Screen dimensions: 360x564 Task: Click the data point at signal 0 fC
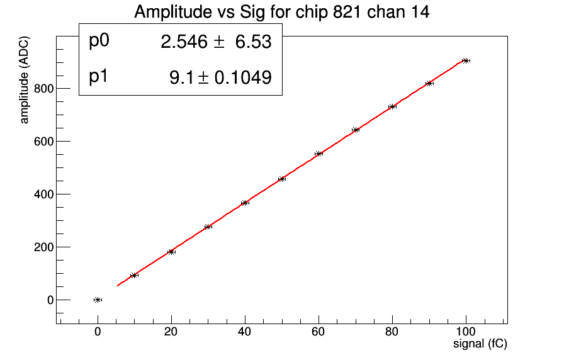click(x=98, y=300)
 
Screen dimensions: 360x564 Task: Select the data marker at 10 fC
click(x=134, y=275)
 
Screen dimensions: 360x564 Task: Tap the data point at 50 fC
click(x=282, y=179)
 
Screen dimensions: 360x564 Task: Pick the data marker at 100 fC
click(x=466, y=60)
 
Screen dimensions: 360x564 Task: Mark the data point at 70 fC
click(x=356, y=130)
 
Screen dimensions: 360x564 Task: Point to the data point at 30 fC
click(x=208, y=227)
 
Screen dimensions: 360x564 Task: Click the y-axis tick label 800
click(x=43, y=89)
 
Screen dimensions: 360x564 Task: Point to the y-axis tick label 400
click(x=43, y=194)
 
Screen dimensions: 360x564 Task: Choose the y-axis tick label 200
click(x=43, y=247)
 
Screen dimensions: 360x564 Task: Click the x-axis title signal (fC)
click(x=480, y=344)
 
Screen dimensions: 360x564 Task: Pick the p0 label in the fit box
click(x=99, y=41)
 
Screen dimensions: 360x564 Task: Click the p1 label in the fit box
click(x=99, y=77)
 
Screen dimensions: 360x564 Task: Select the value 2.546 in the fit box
click(x=184, y=42)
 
